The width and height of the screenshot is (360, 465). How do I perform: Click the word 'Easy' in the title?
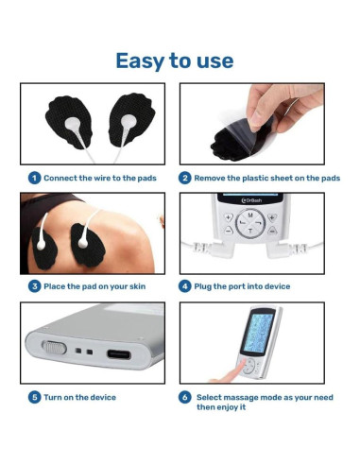140,61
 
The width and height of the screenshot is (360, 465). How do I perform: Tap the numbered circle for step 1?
34,178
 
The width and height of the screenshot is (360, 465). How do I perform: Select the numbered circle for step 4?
185,286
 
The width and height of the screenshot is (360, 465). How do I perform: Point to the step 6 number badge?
185,397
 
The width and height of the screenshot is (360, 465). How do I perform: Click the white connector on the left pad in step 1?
73,124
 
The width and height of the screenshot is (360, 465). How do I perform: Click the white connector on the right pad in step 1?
128,121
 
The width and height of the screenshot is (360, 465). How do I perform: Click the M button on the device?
250,215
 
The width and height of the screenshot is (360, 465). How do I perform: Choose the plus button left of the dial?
229,217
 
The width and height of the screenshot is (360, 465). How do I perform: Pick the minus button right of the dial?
272,231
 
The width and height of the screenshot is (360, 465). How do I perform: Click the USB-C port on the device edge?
119,354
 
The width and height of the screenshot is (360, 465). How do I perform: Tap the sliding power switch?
54,348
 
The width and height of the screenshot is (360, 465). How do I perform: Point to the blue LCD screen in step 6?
258,333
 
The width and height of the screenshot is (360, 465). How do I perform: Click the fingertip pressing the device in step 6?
240,367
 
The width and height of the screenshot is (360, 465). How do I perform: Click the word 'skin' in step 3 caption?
137,286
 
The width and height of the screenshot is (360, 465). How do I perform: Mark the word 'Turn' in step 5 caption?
53,397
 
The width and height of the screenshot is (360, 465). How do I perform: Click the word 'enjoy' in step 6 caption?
227,407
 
